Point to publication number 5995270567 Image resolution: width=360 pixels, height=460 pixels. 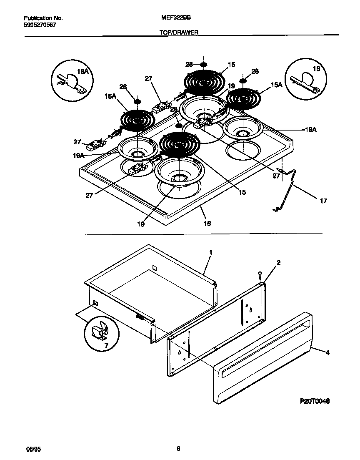[40, 25]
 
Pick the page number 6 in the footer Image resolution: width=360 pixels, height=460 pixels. [178, 449]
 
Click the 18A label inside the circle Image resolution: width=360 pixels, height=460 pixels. [84, 72]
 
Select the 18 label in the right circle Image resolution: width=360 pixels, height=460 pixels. [316, 69]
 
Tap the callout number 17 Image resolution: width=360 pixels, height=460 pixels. [323, 201]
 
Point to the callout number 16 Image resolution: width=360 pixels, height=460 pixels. [207, 224]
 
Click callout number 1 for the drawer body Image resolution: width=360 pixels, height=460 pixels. [211, 252]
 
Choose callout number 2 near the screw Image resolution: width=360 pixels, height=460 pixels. [278, 263]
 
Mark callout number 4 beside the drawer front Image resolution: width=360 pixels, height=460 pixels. [327, 353]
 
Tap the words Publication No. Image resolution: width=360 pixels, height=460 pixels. [43, 18]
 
